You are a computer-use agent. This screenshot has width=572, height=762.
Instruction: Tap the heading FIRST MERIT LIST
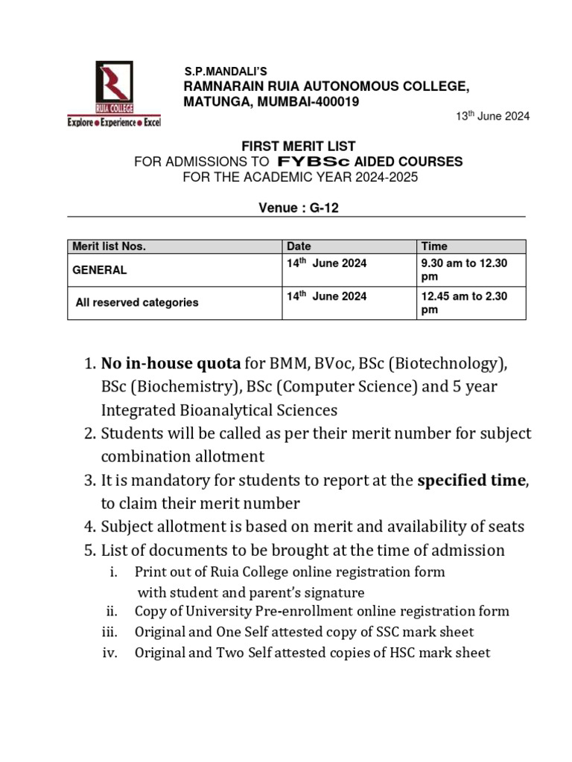pos(296,147)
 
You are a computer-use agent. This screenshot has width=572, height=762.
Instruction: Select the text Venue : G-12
pos(296,208)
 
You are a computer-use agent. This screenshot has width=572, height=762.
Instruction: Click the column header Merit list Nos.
pos(109,246)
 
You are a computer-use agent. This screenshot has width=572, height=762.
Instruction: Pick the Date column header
pos(299,246)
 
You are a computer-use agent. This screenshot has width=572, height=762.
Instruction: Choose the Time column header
pos(435,246)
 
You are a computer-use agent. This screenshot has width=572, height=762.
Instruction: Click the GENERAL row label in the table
pos(99,270)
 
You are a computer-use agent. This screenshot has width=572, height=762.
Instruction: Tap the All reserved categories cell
pos(137,302)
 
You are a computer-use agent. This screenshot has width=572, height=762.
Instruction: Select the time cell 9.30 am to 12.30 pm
pos(464,270)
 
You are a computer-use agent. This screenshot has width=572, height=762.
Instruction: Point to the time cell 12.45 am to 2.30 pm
pos(464,303)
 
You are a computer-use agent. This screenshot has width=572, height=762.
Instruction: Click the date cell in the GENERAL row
pos(327,264)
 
